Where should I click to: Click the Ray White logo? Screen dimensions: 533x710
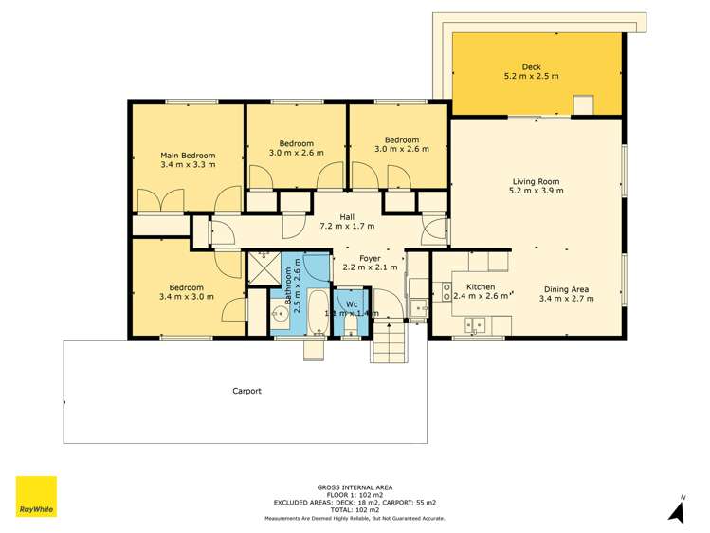tap(36, 496)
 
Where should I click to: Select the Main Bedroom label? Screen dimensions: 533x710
tap(187, 156)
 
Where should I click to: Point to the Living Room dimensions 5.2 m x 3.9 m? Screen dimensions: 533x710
tap(537, 191)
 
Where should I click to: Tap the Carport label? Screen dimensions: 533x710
tap(246, 391)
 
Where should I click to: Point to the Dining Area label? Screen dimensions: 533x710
tap(566, 288)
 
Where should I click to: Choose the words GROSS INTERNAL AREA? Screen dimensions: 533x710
tap(355, 487)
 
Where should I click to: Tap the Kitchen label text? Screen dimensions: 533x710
tap(481, 286)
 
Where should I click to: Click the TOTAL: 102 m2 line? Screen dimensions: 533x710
tap(355, 510)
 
